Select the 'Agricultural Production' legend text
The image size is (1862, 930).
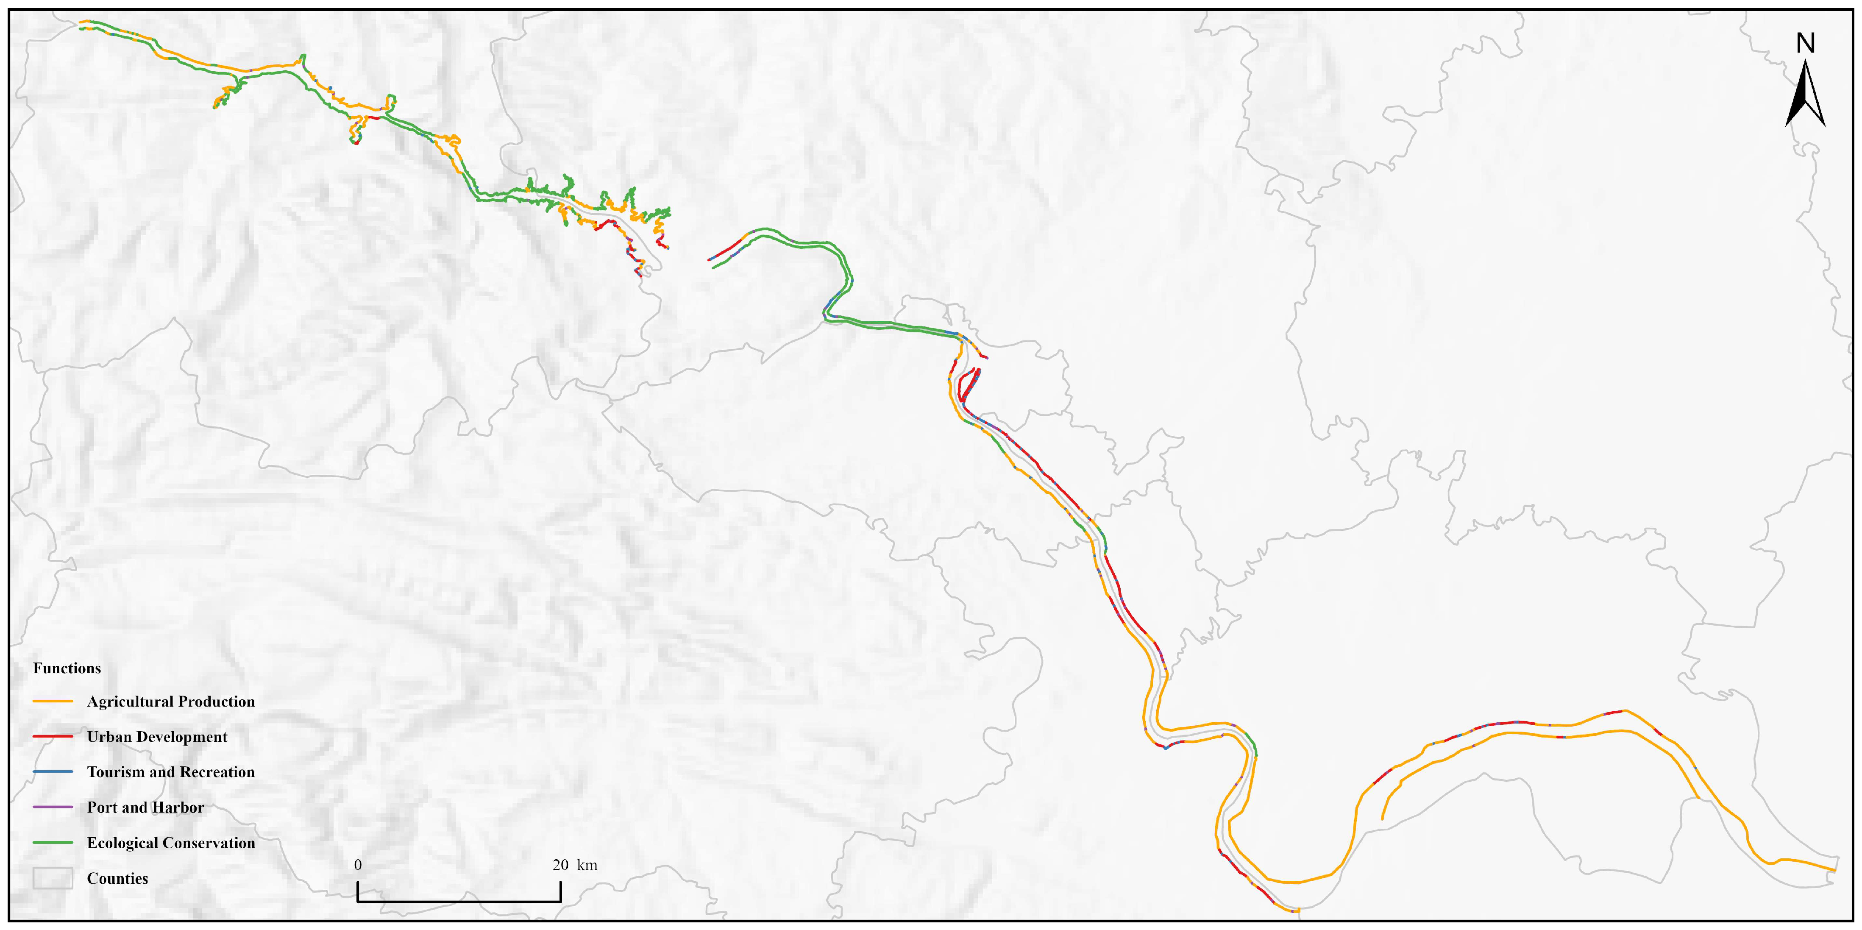point(170,702)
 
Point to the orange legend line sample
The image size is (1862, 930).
point(53,702)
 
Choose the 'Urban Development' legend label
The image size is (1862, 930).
point(157,737)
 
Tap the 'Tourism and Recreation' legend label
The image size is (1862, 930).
point(170,772)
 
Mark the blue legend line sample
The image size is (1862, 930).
point(53,772)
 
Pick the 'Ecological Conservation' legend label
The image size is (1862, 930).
point(170,843)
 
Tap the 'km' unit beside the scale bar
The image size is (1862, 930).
point(587,865)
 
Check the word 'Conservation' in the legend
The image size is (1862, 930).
point(210,843)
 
